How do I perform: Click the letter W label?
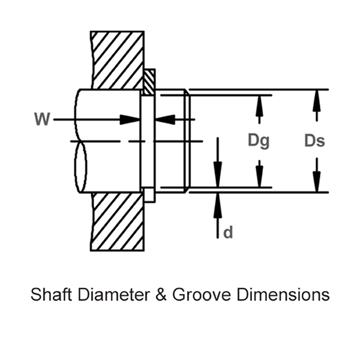pos(41,119)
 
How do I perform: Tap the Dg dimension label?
pos(259,141)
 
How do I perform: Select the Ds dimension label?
pos(314,141)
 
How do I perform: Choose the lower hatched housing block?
pos(118,221)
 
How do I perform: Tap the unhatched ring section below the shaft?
pos(149,195)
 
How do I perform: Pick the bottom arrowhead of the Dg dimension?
pos(259,179)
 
